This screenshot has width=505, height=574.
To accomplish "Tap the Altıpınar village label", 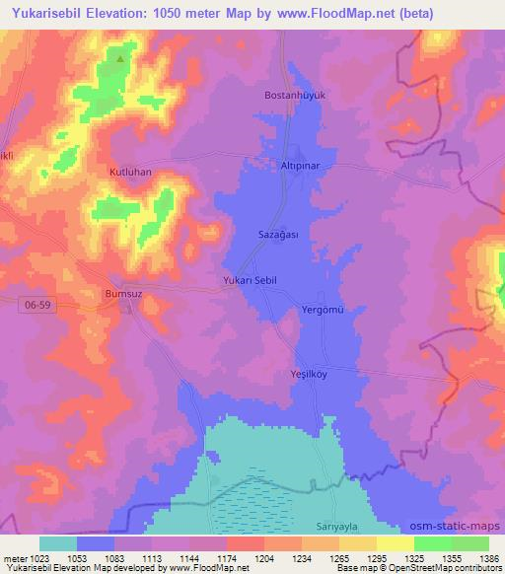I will tap(299, 168).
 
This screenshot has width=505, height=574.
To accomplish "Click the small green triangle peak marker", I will tap(120, 59).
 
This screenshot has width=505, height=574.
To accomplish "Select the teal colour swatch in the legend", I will tap(57, 543).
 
